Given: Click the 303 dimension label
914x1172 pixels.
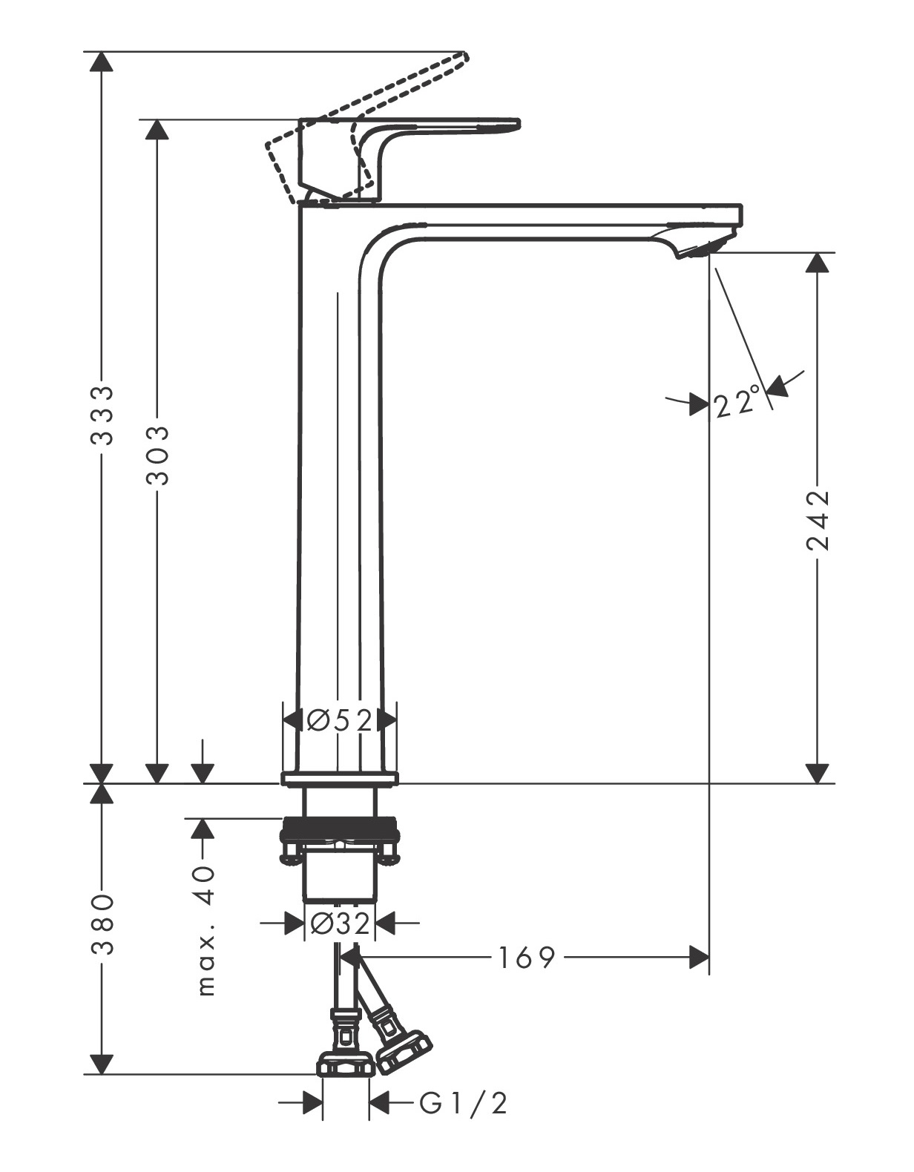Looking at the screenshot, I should click(x=157, y=455).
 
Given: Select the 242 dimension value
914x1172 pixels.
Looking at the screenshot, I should click(x=817, y=519).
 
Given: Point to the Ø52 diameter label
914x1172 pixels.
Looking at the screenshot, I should click(x=340, y=720).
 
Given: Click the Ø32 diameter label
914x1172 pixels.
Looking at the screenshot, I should click(x=340, y=924).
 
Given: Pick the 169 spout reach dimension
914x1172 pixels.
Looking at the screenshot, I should click(x=526, y=958).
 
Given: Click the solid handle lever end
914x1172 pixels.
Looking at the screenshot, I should click(x=512, y=124).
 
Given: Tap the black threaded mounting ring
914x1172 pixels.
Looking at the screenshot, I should click(x=340, y=826).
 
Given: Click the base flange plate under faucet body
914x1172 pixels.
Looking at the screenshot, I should click(x=340, y=778).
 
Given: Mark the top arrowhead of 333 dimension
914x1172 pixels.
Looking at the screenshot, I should click(x=101, y=61).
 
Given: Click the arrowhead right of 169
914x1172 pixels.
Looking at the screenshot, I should click(x=699, y=958).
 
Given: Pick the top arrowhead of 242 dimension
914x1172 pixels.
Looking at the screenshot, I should click(x=817, y=262).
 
